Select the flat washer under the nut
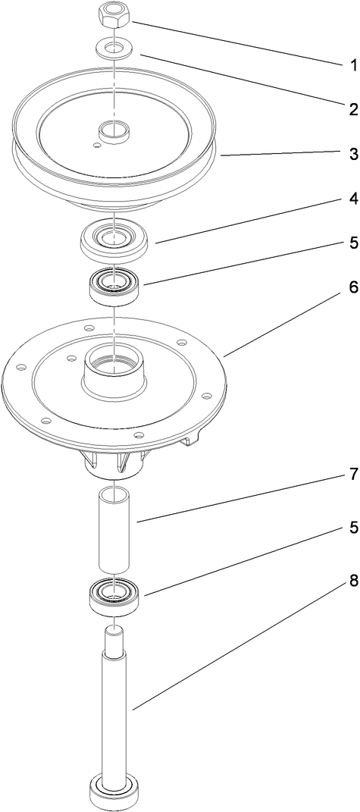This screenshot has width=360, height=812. [114, 49]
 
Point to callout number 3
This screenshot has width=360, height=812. [352, 154]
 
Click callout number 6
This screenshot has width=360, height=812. [352, 290]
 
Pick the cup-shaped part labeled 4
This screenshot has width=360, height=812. [114, 243]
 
